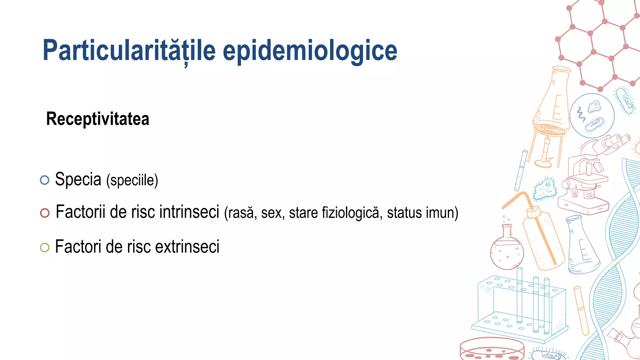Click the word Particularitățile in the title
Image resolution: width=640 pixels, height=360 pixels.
pos(129,51)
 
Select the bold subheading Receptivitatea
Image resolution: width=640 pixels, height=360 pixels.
pos(98,119)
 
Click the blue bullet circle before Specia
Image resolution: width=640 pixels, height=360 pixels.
pos(45,180)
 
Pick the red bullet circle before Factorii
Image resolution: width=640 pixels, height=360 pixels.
pos(45,213)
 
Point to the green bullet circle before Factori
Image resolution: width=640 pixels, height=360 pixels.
pos(45,247)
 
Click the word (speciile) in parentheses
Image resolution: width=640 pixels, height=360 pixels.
pos(132,180)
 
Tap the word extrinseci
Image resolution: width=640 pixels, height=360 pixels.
pos(187,247)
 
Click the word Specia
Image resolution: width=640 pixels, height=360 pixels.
pos(78,179)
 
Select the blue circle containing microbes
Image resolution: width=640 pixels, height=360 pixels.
pos(592,116)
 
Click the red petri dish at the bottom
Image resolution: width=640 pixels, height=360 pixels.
pos(492,349)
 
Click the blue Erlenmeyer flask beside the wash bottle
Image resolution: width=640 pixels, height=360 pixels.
pos(582,247)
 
